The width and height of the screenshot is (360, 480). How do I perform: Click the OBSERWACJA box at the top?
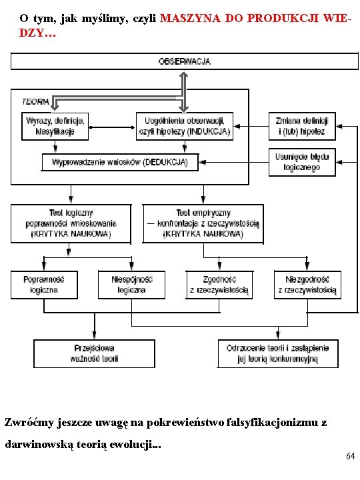point(184,61)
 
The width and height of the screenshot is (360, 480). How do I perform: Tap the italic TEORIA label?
point(35,101)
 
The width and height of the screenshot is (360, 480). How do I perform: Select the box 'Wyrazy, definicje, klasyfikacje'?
point(55,127)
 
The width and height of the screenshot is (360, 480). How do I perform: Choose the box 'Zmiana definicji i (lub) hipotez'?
point(302,127)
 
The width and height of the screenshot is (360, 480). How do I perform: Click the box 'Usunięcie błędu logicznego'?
point(302,162)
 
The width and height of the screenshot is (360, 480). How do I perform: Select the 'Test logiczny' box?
point(71,224)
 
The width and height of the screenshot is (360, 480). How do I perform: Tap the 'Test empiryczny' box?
point(203,224)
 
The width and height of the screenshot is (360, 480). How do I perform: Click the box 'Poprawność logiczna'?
point(44,285)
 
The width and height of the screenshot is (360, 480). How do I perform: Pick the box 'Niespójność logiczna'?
point(131,285)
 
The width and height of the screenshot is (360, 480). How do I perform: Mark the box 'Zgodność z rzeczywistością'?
point(219,285)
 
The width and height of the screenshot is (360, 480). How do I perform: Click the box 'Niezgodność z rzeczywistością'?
point(307,285)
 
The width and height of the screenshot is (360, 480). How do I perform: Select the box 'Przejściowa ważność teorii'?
point(94,353)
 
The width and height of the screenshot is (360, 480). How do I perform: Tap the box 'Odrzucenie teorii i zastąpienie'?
point(277,353)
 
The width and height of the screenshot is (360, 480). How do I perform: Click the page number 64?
point(350,456)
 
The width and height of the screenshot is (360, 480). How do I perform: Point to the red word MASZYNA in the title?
point(190,19)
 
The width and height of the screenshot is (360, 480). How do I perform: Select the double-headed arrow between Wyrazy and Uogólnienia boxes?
point(112,127)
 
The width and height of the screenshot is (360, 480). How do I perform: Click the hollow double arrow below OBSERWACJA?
point(183,92)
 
